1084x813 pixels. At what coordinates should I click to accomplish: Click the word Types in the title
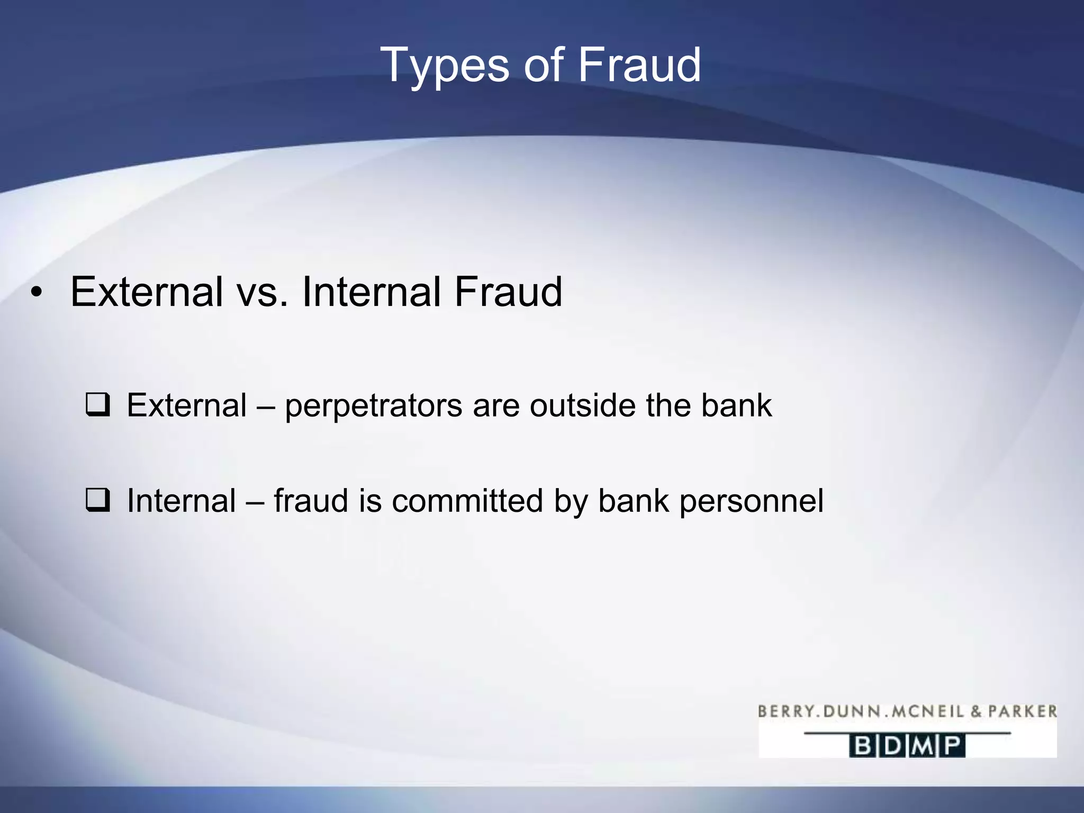445,66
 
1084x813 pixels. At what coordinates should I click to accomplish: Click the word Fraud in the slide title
639,65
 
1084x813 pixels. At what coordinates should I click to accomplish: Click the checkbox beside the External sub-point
98,405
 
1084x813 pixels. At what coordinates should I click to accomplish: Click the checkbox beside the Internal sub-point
98,501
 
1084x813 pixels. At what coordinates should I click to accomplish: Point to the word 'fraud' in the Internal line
311,501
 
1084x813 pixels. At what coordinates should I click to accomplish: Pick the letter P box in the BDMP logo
952,746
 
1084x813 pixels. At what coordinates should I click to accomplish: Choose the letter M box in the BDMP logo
923,746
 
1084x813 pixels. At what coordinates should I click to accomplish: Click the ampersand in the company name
975,711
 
